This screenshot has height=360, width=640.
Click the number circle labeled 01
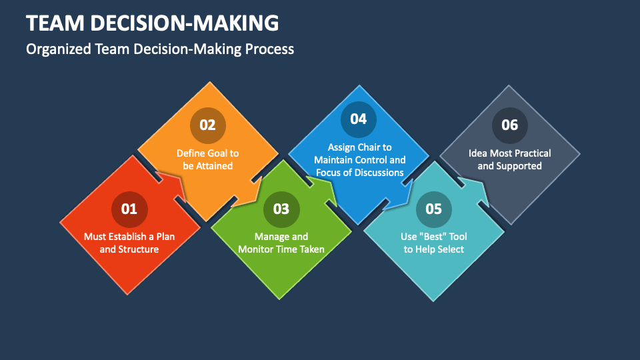129,209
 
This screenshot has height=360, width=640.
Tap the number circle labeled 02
207,125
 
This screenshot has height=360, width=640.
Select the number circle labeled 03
281,209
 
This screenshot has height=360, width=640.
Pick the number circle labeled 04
359,119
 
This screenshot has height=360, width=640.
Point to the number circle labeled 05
433,209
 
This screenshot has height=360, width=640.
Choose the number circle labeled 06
509,125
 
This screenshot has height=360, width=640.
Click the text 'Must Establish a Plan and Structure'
129,243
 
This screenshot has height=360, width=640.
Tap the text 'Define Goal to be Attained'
207,159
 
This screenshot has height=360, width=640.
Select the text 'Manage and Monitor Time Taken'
281,243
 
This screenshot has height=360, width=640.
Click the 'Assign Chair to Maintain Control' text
359,153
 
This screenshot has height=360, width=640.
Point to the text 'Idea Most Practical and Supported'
509,159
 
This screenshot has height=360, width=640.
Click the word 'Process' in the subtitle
271,49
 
